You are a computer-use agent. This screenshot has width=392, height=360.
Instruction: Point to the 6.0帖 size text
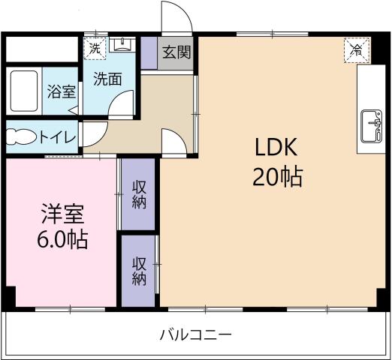[x=62, y=241]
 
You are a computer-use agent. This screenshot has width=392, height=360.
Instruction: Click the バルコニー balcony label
[x=195, y=334]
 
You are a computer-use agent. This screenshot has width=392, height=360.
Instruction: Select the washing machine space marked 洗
[x=94, y=47]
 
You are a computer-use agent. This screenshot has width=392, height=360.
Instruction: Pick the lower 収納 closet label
[x=140, y=271]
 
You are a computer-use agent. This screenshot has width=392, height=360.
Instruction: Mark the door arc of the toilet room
[x=89, y=133]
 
